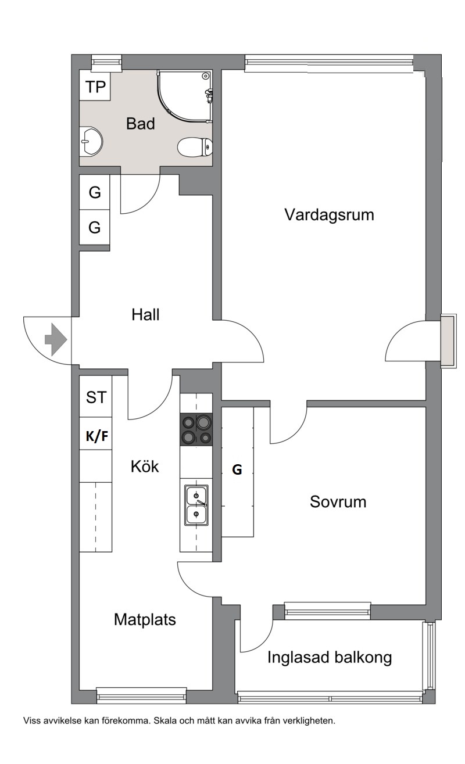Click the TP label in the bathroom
pos(95,87)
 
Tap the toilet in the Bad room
pos(195,148)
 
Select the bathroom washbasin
pos(91,141)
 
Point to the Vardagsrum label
pos(329,215)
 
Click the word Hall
pos(145,314)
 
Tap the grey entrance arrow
pos(56,340)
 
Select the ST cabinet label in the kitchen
pos(96,397)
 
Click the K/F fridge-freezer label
pos(97,436)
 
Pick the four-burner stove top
pos(196,429)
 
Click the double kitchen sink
pos(196,505)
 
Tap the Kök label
pos(145,467)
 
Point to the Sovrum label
pos(338,502)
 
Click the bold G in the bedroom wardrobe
pos(237,470)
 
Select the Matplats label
pos(145,619)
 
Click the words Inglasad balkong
pos(329,657)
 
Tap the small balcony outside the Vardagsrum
pos(448,341)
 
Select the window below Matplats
pos(142,695)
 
